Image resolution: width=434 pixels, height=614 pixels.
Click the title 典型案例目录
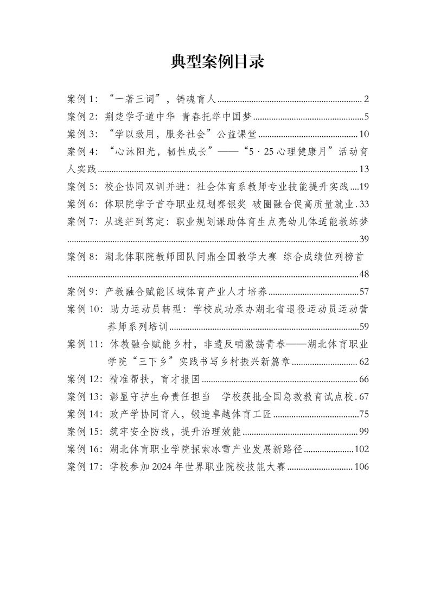[217, 62]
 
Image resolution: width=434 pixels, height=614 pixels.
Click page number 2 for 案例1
[367, 99]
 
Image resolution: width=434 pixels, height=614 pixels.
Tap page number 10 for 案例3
[364, 134]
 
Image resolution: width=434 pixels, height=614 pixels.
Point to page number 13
[364, 169]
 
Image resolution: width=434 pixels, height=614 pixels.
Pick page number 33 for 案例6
[364, 204]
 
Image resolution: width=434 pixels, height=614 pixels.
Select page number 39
[364, 239]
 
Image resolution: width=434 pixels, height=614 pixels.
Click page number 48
[364, 274]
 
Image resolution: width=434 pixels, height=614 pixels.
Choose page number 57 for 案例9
[364, 292]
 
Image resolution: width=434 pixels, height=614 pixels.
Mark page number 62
[364, 362]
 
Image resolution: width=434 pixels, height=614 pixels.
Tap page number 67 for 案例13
[364, 397]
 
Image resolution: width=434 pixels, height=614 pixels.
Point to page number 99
[364, 432]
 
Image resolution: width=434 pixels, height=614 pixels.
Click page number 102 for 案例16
[361, 450]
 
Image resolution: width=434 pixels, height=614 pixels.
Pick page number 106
[361, 467]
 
